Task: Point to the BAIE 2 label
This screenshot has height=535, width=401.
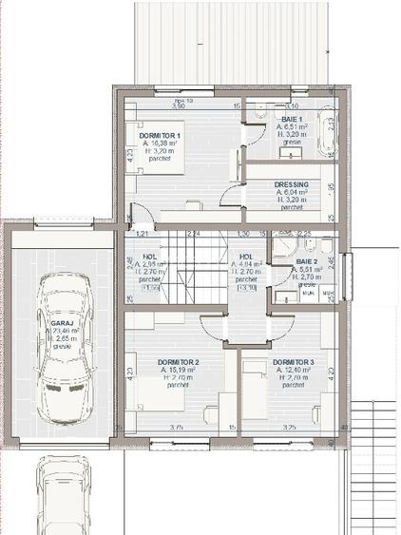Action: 306,260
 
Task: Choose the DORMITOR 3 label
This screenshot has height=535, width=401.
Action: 293,363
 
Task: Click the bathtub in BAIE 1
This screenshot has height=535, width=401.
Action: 327,134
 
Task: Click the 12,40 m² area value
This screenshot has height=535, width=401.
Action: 293,371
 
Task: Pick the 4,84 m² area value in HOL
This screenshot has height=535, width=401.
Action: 245,264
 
